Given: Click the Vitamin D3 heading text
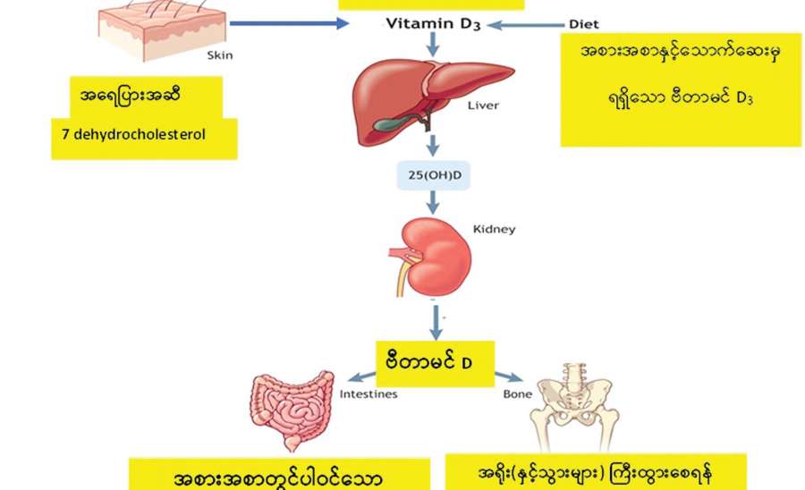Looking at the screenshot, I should (x=433, y=24).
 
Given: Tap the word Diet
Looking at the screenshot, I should (x=583, y=24).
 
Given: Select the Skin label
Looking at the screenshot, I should (x=219, y=55).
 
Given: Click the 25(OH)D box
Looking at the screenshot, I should (x=433, y=175).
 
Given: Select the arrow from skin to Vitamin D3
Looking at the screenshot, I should (x=286, y=22).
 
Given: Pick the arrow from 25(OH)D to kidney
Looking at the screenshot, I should (x=433, y=202).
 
